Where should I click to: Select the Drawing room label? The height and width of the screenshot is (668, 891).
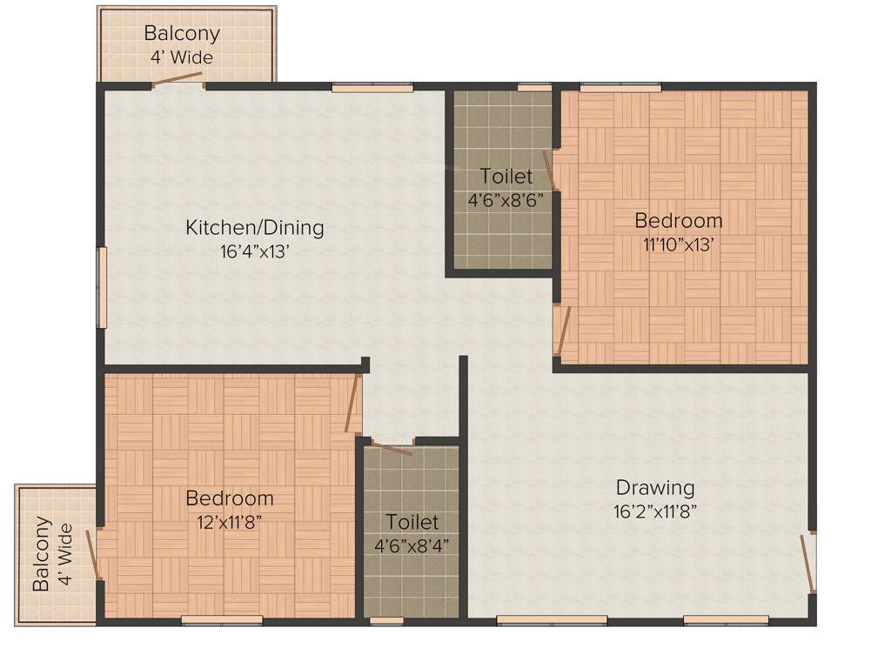655,487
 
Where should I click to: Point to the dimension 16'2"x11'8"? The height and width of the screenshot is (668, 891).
655,511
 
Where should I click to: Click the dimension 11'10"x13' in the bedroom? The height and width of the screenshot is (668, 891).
678,244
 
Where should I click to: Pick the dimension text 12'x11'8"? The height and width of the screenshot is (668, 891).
229,522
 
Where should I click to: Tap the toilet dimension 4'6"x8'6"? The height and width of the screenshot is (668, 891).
506,199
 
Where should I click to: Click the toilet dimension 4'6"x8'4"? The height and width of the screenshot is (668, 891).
412,546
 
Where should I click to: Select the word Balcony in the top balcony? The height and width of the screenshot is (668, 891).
182,34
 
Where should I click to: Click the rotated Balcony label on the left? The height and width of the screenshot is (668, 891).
41,554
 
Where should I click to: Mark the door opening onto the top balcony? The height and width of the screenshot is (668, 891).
178,80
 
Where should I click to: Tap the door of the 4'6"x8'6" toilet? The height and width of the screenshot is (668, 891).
550,170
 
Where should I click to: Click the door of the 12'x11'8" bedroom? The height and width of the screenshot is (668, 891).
352,404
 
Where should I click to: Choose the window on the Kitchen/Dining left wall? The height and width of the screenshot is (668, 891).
102,288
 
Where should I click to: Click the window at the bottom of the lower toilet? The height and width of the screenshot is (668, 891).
386,621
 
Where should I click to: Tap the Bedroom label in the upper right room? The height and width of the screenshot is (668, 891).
678,220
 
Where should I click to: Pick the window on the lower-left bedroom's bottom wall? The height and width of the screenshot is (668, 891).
222,620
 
